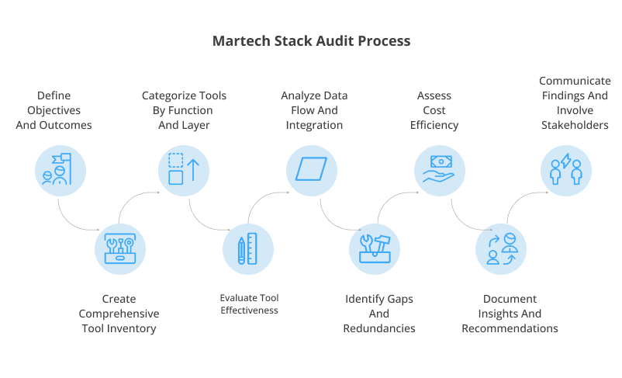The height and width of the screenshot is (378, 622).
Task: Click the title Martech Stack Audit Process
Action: click(311, 40)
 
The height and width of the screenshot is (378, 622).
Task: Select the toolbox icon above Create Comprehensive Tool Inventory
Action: click(119, 248)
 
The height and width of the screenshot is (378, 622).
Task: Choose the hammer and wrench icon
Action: click(375, 248)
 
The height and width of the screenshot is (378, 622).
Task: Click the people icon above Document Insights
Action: click(501, 248)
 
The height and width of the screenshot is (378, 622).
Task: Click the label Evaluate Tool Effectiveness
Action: click(248, 303)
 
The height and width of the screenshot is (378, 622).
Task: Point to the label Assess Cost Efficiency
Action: click(438, 110)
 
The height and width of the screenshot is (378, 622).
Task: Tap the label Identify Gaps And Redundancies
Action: click(379, 314)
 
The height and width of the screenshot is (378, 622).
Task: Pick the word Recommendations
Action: click(510, 328)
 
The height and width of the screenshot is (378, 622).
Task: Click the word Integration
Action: click(314, 125)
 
